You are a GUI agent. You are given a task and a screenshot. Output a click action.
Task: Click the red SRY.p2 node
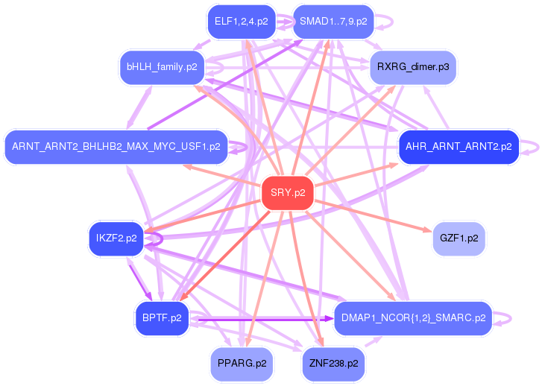click(x=288, y=193)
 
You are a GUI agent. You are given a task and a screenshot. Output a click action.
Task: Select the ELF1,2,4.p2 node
click(x=242, y=22)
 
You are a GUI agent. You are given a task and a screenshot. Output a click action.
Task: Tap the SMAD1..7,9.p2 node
click(x=333, y=22)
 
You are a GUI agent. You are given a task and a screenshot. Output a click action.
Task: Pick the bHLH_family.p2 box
click(x=162, y=67)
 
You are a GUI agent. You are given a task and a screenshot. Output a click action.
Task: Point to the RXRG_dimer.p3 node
click(x=413, y=67)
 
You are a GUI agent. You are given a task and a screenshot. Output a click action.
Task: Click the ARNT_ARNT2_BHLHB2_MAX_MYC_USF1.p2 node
click(x=116, y=147)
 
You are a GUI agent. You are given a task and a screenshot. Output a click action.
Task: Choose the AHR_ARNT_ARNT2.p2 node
click(x=459, y=147)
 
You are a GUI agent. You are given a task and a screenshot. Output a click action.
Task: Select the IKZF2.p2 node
click(x=116, y=238)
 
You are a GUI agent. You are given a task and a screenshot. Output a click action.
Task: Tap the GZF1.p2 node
click(x=459, y=238)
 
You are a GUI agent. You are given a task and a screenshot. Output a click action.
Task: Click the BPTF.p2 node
click(x=162, y=318)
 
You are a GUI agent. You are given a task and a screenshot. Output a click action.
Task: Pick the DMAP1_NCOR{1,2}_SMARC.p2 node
click(x=413, y=318)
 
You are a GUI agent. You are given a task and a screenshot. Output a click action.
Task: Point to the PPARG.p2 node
click(x=242, y=364)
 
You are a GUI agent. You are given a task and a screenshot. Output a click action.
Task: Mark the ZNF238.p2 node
click(x=333, y=364)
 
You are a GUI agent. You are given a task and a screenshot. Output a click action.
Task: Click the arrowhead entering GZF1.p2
click(x=428, y=230)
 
